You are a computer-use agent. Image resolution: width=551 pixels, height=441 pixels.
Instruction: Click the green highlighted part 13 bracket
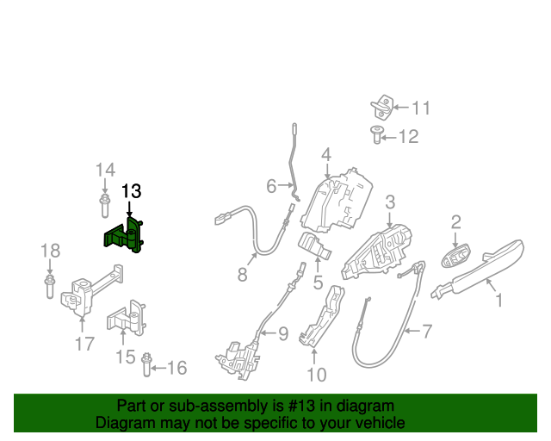123,237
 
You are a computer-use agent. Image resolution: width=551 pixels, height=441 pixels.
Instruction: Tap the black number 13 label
130,191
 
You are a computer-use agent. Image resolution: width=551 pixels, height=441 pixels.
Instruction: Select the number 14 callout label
104,170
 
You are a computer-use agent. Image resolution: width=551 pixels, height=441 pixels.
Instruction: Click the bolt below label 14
104,206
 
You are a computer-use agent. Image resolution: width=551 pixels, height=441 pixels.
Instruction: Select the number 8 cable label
242,276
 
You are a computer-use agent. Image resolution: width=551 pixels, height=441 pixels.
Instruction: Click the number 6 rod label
271,186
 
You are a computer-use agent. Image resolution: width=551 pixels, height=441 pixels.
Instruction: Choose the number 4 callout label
326,155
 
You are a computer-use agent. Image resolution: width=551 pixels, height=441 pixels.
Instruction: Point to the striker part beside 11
381,108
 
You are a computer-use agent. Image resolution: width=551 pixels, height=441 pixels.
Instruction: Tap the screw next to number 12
376,134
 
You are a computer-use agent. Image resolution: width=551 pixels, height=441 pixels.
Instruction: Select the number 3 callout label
390,202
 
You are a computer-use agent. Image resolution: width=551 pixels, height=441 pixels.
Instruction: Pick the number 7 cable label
426,331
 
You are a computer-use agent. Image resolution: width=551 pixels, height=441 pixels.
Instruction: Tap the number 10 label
317,375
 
